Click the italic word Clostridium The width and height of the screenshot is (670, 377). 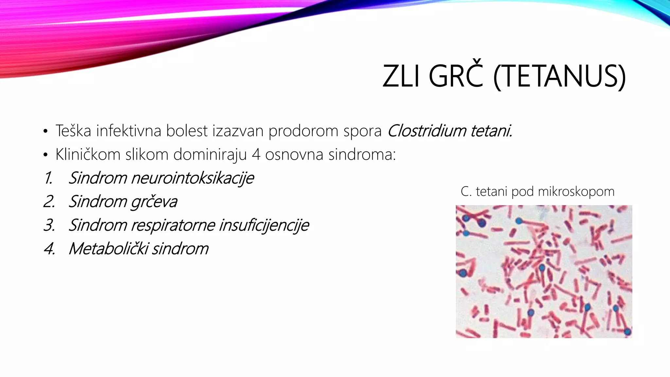[x=426, y=131]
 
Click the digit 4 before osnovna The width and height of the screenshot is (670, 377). [x=256, y=154]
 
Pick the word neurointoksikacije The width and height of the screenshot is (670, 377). [x=192, y=178]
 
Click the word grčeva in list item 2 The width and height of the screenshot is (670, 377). [x=154, y=202]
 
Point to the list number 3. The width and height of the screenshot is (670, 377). [x=49, y=225]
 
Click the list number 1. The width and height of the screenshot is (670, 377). [x=48, y=178]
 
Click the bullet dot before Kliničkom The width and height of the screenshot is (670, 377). [x=45, y=155]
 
